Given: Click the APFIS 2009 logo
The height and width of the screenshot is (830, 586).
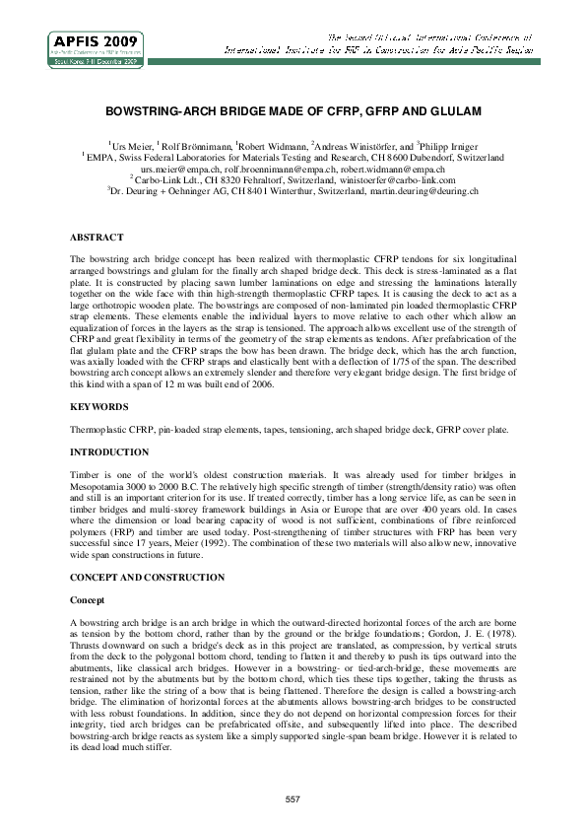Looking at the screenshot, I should pos(97,47).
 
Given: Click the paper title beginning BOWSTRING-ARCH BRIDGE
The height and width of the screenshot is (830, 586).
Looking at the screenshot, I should pos(293,113).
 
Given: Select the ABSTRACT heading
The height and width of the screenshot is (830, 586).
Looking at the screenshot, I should pos(97,238).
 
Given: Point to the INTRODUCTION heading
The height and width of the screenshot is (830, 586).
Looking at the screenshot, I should pos(109,452).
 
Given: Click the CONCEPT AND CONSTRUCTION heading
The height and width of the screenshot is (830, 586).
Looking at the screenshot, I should pos(147,577).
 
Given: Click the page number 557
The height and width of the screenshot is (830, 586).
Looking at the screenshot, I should pos(293,797).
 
